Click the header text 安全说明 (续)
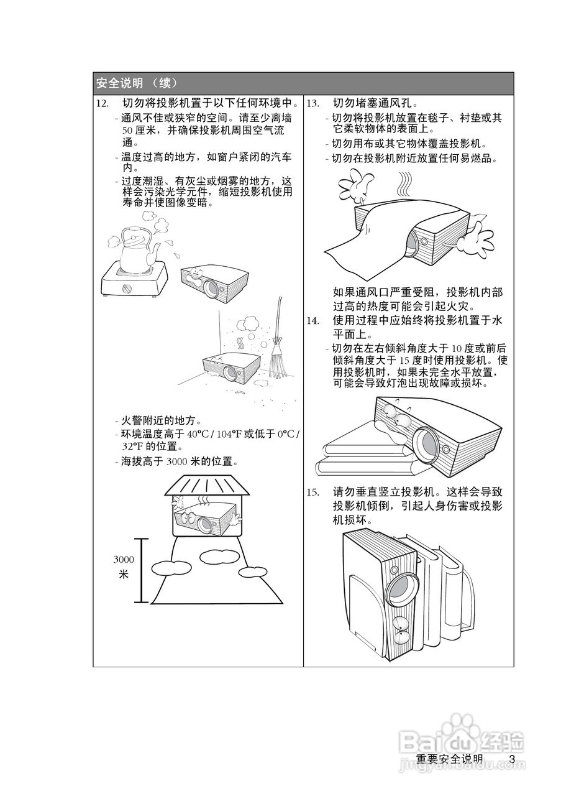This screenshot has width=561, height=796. [x=137, y=83]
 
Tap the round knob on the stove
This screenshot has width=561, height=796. [x=128, y=289]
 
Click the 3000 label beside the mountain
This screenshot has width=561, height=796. [x=124, y=560]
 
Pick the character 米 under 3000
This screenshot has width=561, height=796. [x=124, y=575]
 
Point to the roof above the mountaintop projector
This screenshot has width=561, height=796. [x=207, y=485]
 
